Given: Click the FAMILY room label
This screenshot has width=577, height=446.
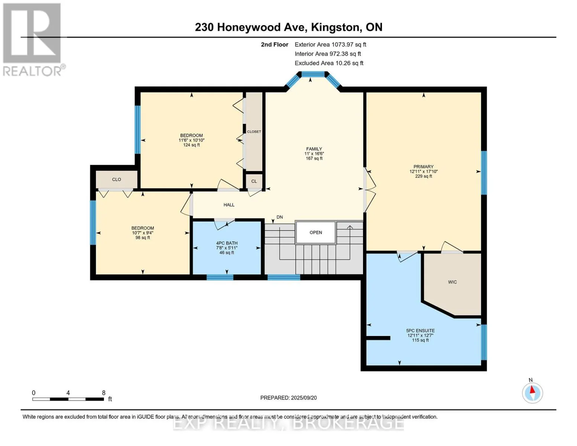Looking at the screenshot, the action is [314, 149].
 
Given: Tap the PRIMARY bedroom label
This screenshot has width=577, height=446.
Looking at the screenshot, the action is [424, 167].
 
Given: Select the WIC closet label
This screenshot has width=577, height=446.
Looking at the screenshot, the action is [453, 282].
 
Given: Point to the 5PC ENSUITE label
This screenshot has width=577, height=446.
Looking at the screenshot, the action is [421, 331].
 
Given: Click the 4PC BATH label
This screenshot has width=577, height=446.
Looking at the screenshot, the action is [227, 243].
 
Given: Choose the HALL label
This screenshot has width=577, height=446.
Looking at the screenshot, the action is [229, 205].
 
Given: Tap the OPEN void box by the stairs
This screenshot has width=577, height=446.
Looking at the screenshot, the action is [316, 232].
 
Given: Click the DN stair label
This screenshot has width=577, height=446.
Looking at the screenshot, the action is [280, 217].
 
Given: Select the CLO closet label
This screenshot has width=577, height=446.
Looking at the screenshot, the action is [117, 180].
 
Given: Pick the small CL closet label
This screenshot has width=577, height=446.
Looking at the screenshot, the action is [254, 181].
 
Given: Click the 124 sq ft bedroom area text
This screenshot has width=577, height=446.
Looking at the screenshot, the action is [191, 145].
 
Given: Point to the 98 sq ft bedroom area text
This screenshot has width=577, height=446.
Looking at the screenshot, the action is [143, 238].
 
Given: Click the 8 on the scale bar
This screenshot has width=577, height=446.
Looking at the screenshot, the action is [104, 393].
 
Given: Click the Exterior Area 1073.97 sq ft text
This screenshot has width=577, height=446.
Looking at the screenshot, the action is [330, 45].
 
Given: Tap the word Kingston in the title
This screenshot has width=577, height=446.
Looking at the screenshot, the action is [335, 28].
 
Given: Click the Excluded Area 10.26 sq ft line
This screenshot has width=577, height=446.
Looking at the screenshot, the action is [329, 63].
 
